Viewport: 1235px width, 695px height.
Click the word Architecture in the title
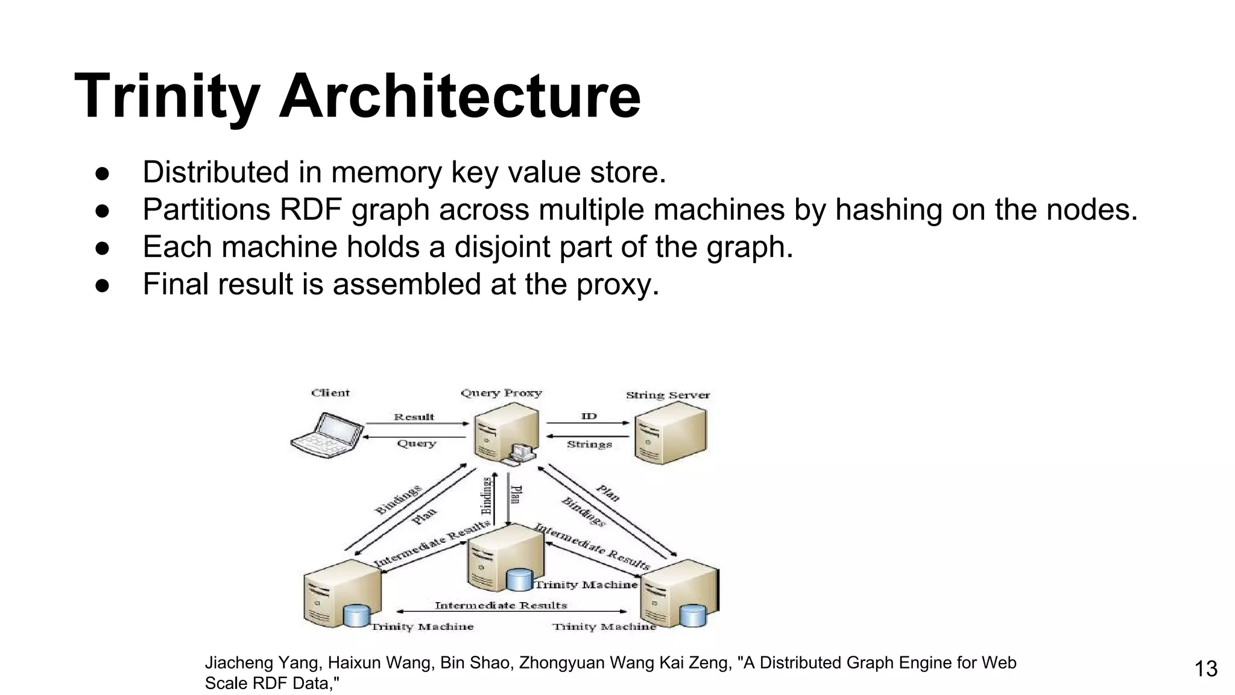click(460, 97)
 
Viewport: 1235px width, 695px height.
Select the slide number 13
click(1205, 669)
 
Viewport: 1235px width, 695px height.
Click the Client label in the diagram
click(330, 393)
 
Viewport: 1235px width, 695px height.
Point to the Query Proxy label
click(501, 393)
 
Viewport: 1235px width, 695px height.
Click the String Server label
click(668, 395)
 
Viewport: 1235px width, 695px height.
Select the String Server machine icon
click(669, 433)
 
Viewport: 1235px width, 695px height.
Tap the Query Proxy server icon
click(505, 432)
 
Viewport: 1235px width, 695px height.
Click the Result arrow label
click(414, 417)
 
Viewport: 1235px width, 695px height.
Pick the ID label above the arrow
click(589, 416)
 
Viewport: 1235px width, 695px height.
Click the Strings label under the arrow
click(589, 445)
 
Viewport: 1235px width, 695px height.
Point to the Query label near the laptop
click(416, 443)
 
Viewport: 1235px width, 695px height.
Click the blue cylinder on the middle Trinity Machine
click(519, 580)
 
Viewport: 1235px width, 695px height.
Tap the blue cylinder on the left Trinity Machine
click(356, 615)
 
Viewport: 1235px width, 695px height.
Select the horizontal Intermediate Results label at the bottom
click(501, 605)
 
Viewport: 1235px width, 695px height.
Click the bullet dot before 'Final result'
click(102, 285)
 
